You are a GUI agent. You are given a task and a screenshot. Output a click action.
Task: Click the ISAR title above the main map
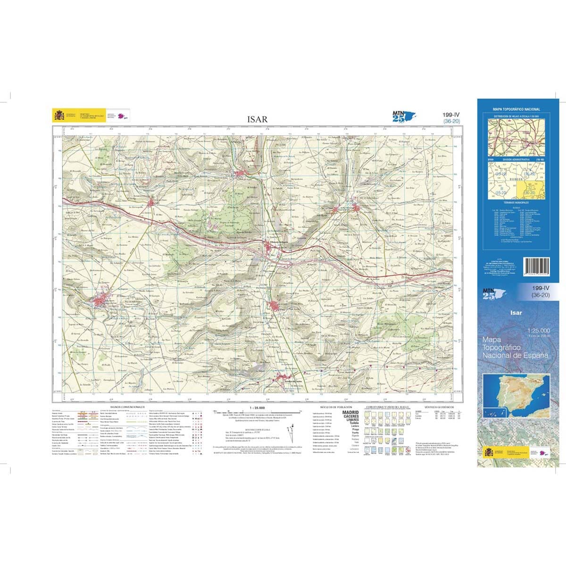click(257, 119)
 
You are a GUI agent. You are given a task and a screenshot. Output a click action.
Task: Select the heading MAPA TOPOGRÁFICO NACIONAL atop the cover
click(516, 109)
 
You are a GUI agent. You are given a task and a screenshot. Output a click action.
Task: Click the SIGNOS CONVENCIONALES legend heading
click(127, 406)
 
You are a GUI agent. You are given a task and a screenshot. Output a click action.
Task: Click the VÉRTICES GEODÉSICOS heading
click(439, 406)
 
